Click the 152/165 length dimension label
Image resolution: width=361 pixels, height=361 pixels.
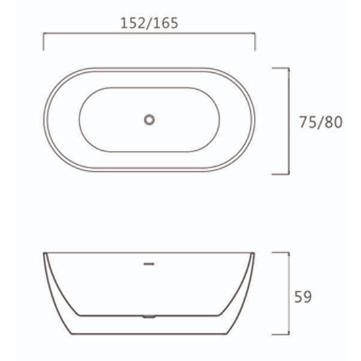[x=149, y=23]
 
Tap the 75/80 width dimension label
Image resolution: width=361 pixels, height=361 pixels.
[x=321, y=122]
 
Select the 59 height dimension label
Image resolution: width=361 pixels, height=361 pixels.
[x=303, y=297]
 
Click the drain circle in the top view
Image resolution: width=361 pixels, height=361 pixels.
[x=150, y=120]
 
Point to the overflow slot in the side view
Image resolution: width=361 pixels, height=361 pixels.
[x=149, y=264]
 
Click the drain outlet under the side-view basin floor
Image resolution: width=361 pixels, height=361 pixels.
[x=149, y=317]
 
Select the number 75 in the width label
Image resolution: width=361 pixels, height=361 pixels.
[x=308, y=122]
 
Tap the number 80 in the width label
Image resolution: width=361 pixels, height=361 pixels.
[x=334, y=122]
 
